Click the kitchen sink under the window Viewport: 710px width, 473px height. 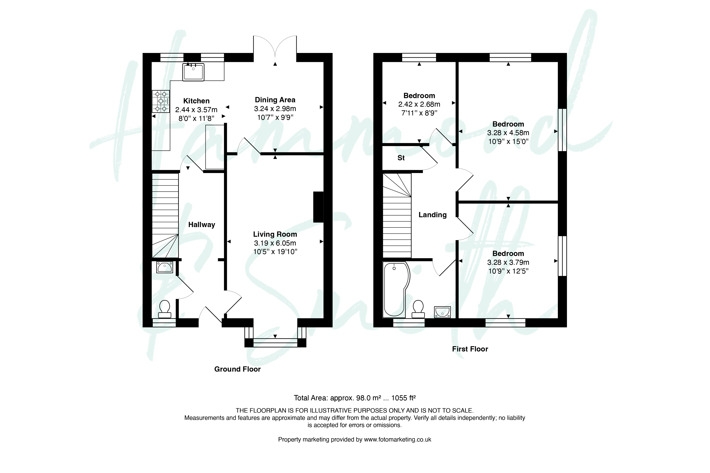pos(193,72)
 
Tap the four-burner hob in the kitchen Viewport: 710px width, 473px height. pos(161,101)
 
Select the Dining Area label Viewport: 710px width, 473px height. pos(275,100)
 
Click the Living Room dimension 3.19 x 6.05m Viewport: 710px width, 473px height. pos(275,243)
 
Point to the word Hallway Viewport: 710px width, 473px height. pos(202,225)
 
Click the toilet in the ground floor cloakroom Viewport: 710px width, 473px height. pos(165,309)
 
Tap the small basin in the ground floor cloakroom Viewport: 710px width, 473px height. pos(165,267)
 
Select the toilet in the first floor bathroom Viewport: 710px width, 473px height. pos(418,309)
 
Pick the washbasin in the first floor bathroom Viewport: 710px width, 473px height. pos(442,312)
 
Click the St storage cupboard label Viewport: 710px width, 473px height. pos(401,158)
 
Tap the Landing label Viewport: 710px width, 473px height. pos(433,215)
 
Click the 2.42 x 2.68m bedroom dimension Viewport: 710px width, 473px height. pos(419,104)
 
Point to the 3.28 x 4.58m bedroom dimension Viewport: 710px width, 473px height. pos(508,133)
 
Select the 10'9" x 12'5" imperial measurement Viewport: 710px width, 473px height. pos(508,271)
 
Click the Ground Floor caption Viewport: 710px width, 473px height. pos(238,369)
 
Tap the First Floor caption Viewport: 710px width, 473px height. pos(470,349)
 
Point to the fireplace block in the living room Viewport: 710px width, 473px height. pos(318,207)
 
